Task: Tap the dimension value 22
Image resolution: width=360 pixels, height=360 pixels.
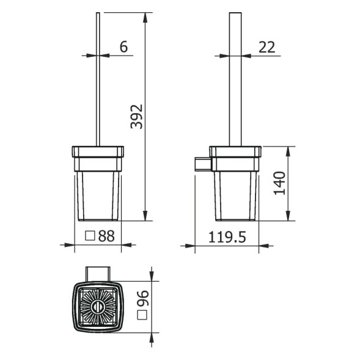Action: point(267,47)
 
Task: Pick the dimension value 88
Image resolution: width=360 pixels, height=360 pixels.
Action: point(106,235)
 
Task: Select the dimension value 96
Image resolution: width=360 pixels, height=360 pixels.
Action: point(143,299)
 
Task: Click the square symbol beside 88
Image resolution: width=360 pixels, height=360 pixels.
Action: point(90,235)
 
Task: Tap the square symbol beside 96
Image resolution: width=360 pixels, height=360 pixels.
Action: point(143,315)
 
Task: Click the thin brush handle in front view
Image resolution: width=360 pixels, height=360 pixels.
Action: point(98,79)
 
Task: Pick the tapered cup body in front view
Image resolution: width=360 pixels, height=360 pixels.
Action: point(98,196)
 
